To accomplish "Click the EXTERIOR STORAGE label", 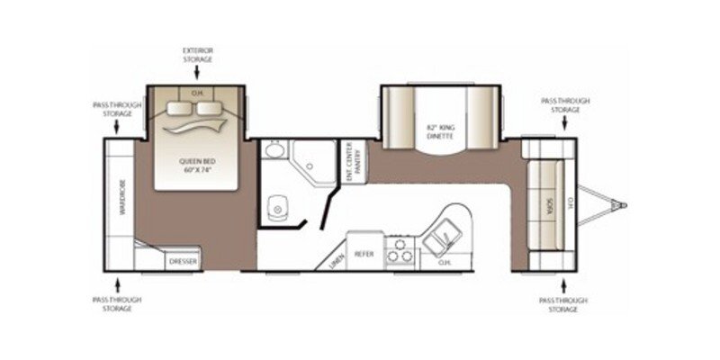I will click(197, 54).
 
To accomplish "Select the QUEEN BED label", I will click(197, 161).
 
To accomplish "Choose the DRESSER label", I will click(183, 262).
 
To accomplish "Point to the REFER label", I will click(364, 255).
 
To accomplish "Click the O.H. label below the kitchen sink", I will click(444, 263).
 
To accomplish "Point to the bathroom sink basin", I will click(274, 150).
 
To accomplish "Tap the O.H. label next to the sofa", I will click(568, 205).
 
